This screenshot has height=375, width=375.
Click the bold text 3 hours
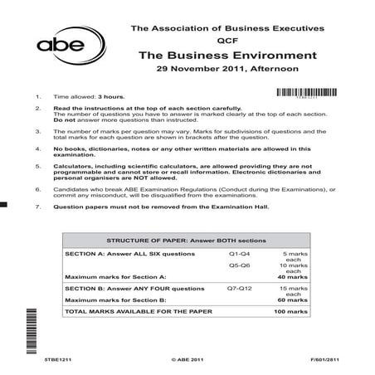coord(113,97)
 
